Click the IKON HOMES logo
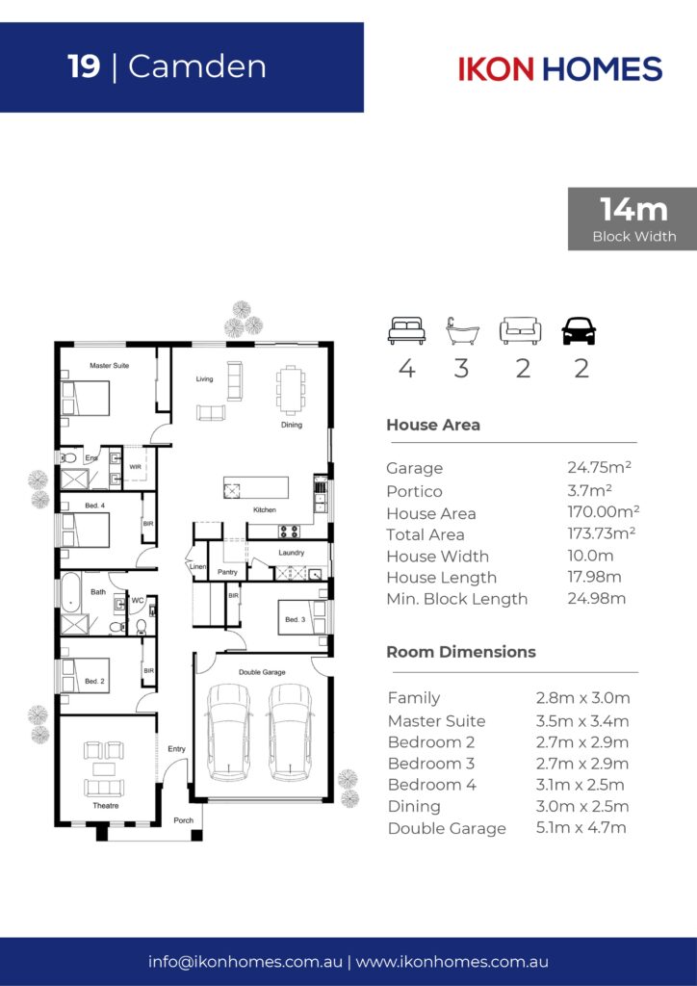(560, 68)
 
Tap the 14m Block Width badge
(632, 219)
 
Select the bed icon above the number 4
(406, 331)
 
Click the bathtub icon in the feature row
(462, 331)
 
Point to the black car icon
(579, 331)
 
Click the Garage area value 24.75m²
(599, 467)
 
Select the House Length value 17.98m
(594, 577)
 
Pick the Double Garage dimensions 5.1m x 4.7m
(581, 827)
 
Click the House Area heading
(433, 425)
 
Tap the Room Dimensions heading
(461, 652)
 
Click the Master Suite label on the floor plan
(110, 365)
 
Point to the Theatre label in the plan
(106, 806)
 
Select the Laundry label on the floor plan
(291, 553)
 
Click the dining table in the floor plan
(291, 390)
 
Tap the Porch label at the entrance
(184, 820)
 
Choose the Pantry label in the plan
(227, 572)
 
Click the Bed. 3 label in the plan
(295, 619)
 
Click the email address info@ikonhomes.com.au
(245, 962)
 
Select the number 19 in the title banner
(84, 66)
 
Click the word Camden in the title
(196, 66)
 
